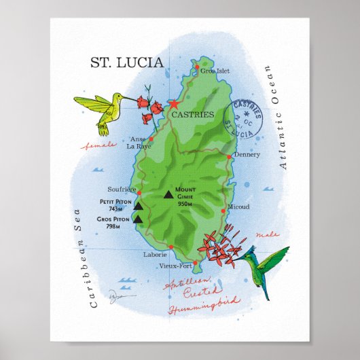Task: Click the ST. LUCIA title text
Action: [127, 63]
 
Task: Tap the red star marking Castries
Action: [173, 105]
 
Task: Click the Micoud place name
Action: [238, 206]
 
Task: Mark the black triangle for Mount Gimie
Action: [168, 195]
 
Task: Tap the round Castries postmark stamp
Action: [247, 119]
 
